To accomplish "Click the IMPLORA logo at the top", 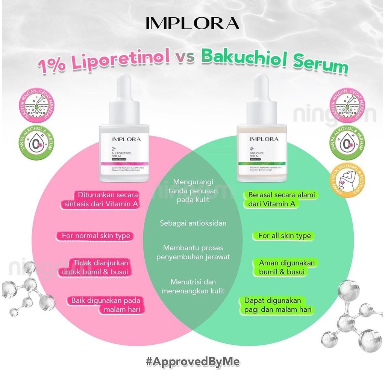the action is click(192, 23).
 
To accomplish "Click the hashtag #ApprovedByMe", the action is click(192, 362).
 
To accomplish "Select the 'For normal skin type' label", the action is click(95, 236).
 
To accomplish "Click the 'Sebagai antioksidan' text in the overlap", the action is click(193, 223).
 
